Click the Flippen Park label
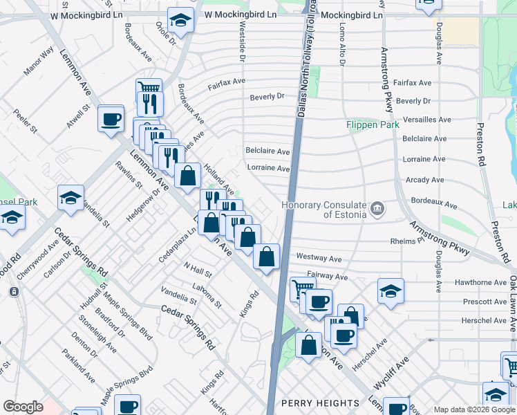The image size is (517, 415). tap(373, 125)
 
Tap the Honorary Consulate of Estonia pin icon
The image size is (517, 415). tap(377, 208)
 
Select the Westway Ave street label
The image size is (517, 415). tap(319, 258)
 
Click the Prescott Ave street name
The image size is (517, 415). tap(485, 302)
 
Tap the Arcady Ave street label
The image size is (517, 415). tap(424, 180)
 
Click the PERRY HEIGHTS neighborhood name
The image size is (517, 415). tap(320, 403)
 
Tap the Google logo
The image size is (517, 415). tap(23, 407)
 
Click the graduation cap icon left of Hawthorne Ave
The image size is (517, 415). tap(391, 291)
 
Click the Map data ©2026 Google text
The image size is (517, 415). tap(474, 409)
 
